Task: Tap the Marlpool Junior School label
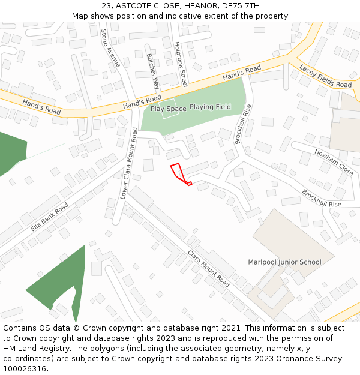tap(284, 262)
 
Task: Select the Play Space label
tap(168, 109)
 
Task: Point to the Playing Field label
tap(210, 107)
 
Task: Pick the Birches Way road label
tap(153, 71)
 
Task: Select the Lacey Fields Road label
tap(325, 76)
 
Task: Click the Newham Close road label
tap(334, 162)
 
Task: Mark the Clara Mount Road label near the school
tap(208, 268)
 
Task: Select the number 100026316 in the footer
tap(25, 368)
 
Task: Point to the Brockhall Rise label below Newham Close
tap(321, 199)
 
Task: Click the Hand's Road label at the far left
tap(41, 107)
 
